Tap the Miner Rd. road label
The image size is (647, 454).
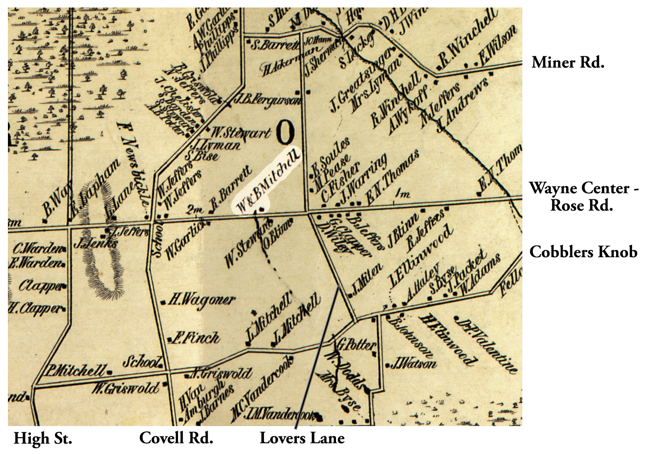[x=568, y=63]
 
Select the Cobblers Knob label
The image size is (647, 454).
[x=583, y=252]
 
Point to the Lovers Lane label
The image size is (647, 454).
[x=302, y=438]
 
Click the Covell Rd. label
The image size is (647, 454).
[x=176, y=438]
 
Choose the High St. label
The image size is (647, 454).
[x=43, y=439]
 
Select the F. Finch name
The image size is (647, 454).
[x=196, y=338]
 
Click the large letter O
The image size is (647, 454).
[x=286, y=133]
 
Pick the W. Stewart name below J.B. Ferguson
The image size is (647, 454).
[x=241, y=133]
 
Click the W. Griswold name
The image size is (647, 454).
[x=126, y=388]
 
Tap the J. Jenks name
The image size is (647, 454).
[x=95, y=243]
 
